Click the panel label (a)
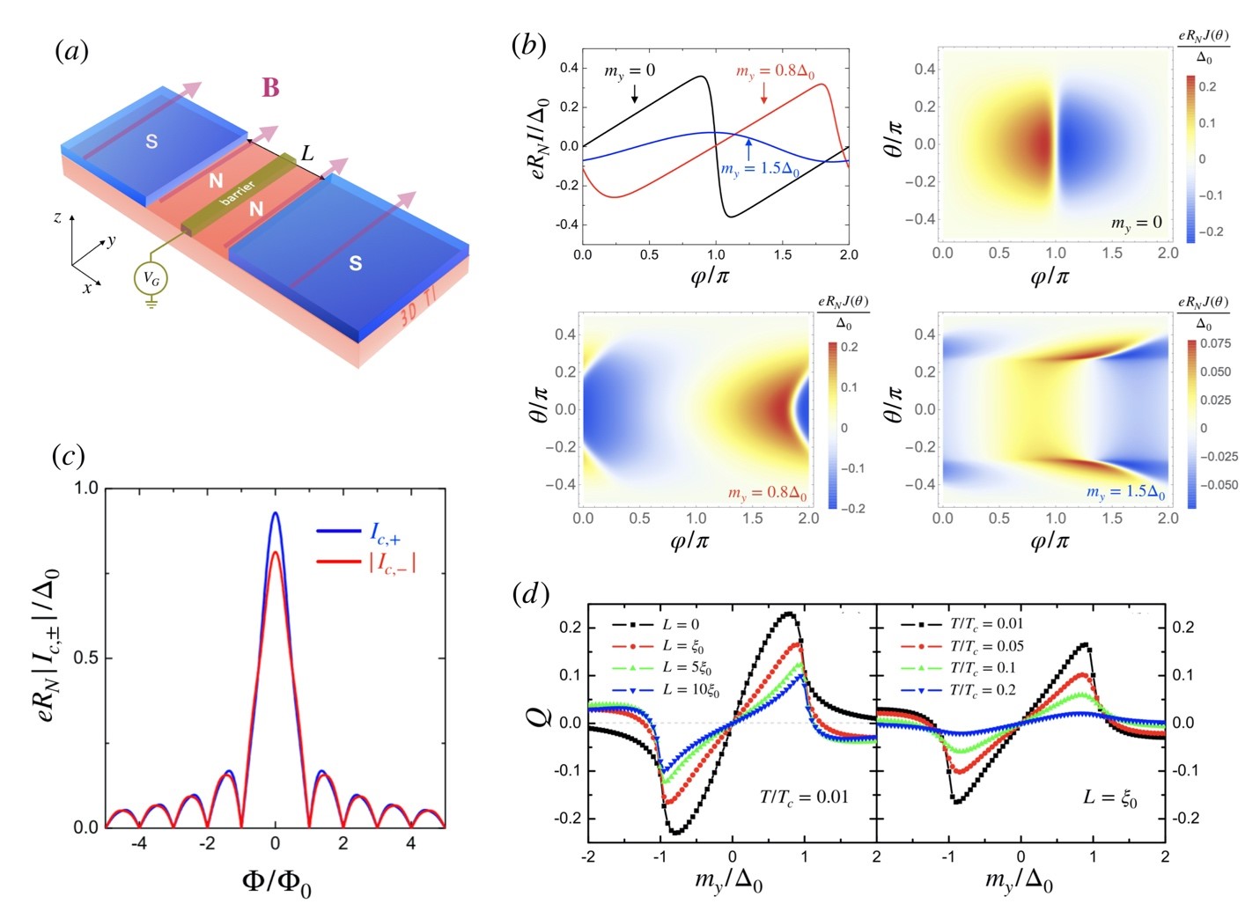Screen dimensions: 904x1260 point(71,51)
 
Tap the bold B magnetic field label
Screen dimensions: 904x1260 point(270,88)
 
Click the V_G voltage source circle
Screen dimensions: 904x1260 point(151,279)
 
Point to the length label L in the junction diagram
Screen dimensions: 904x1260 point(306,154)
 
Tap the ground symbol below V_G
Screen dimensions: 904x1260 point(151,304)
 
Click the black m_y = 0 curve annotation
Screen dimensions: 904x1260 point(629,70)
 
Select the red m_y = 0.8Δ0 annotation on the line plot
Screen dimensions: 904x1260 point(778,71)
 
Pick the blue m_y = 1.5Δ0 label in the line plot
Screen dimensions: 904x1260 point(759,169)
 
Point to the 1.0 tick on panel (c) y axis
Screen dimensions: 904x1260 point(86,488)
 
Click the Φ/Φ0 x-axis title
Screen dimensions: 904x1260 point(276,881)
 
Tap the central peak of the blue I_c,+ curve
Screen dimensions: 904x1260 point(275,513)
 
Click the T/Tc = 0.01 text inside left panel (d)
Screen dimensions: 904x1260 point(804,797)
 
